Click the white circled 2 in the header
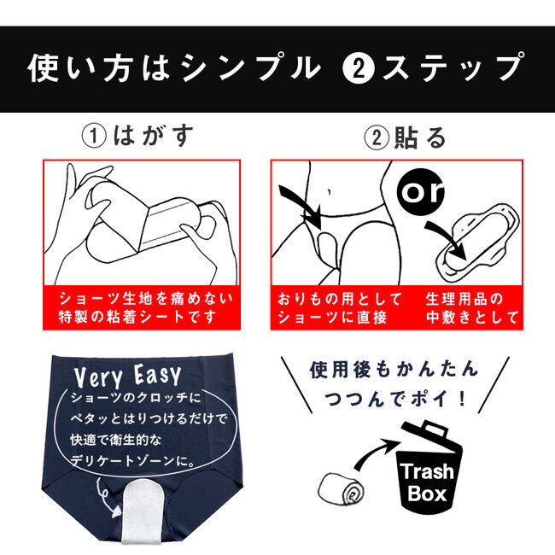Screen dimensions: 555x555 click(359, 68)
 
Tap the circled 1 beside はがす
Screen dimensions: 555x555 click(93, 137)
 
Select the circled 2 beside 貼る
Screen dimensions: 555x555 click(377, 137)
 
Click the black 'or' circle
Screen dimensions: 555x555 click(420, 192)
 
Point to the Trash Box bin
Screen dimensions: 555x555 click(429, 468)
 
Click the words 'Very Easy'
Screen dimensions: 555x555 click(127, 377)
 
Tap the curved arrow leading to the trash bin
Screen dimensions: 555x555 click(376, 452)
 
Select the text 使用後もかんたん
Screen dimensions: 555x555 click(394, 370)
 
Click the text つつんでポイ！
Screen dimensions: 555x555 click(395, 399)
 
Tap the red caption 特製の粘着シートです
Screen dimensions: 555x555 click(137, 317)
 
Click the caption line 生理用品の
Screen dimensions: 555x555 click(464, 299)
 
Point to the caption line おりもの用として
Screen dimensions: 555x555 click(340, 299)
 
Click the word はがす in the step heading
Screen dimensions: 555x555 click(153, 136)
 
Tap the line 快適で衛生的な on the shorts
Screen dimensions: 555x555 click(116, 440)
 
